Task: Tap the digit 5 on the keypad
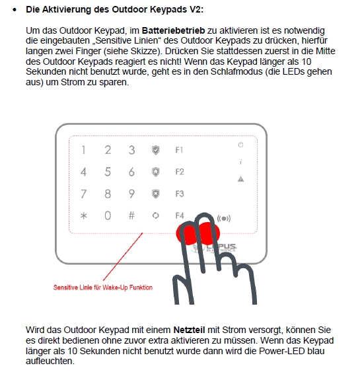click(x=108, y=172)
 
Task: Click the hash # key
click(x=131, y=215)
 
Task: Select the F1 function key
click(x=179, y=150)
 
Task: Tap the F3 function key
click(x=180, y=194)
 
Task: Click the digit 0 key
click(x=108, y=215)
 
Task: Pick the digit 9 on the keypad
click(x=131, y=194)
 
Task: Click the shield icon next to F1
click(x=156, y=150)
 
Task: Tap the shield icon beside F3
click(x=156, y=194)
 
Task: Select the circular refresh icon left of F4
click(x=156, y=215)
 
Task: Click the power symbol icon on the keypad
click(x=240, y=145)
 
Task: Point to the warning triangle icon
click(x=240, y=179)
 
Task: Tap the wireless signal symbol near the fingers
click(x=224, y=219)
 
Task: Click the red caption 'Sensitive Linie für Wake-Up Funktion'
click(x=103, y=287)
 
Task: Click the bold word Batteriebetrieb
click(x=174, y=30)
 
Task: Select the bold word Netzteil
click(x=190, y=330)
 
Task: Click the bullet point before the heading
click(x=15, y=10)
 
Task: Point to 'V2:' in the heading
click(x=196, y=9)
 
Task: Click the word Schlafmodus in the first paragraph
click(x=236, y=71)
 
